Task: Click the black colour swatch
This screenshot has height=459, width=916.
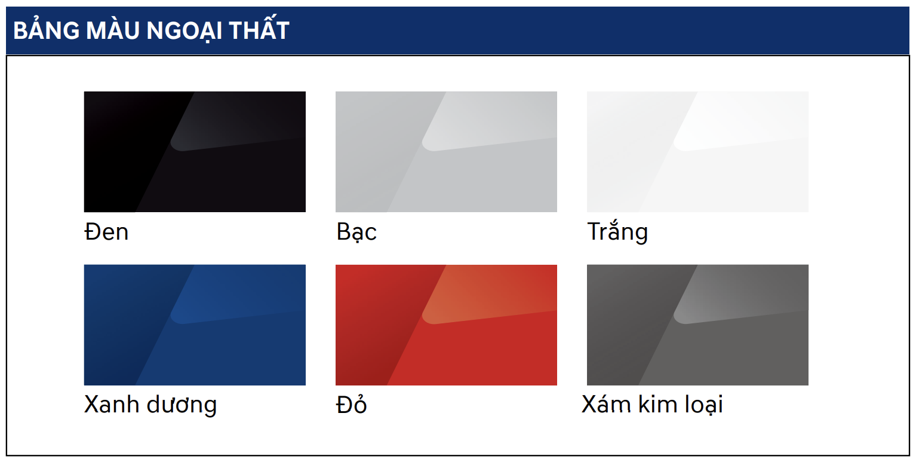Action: tap(195, 152)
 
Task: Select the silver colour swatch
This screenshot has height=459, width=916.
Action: tap(446, 152)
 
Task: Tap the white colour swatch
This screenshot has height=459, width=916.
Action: tap(697, 152)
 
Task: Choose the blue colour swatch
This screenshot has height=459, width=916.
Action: tap(195, 325)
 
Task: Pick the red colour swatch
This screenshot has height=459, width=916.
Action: tap(446, 325)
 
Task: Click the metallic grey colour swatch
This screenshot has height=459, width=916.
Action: tap(697, 325)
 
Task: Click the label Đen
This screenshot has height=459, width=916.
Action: tap(106, 232)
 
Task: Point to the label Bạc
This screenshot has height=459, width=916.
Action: tap(356, 232)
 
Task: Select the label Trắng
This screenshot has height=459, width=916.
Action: tap(617, 232)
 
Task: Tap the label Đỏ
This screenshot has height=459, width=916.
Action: tap(351, 405)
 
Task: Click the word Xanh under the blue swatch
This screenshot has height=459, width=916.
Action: tap(112, 405)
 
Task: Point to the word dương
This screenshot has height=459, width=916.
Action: tap(182, 405)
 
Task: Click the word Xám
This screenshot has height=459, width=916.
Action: tap(606, 404)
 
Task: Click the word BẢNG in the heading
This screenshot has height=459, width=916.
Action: tap(46, 30)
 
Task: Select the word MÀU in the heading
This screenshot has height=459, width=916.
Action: tap(113, 30)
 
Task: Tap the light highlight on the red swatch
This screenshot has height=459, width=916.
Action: tap(487, 293)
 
